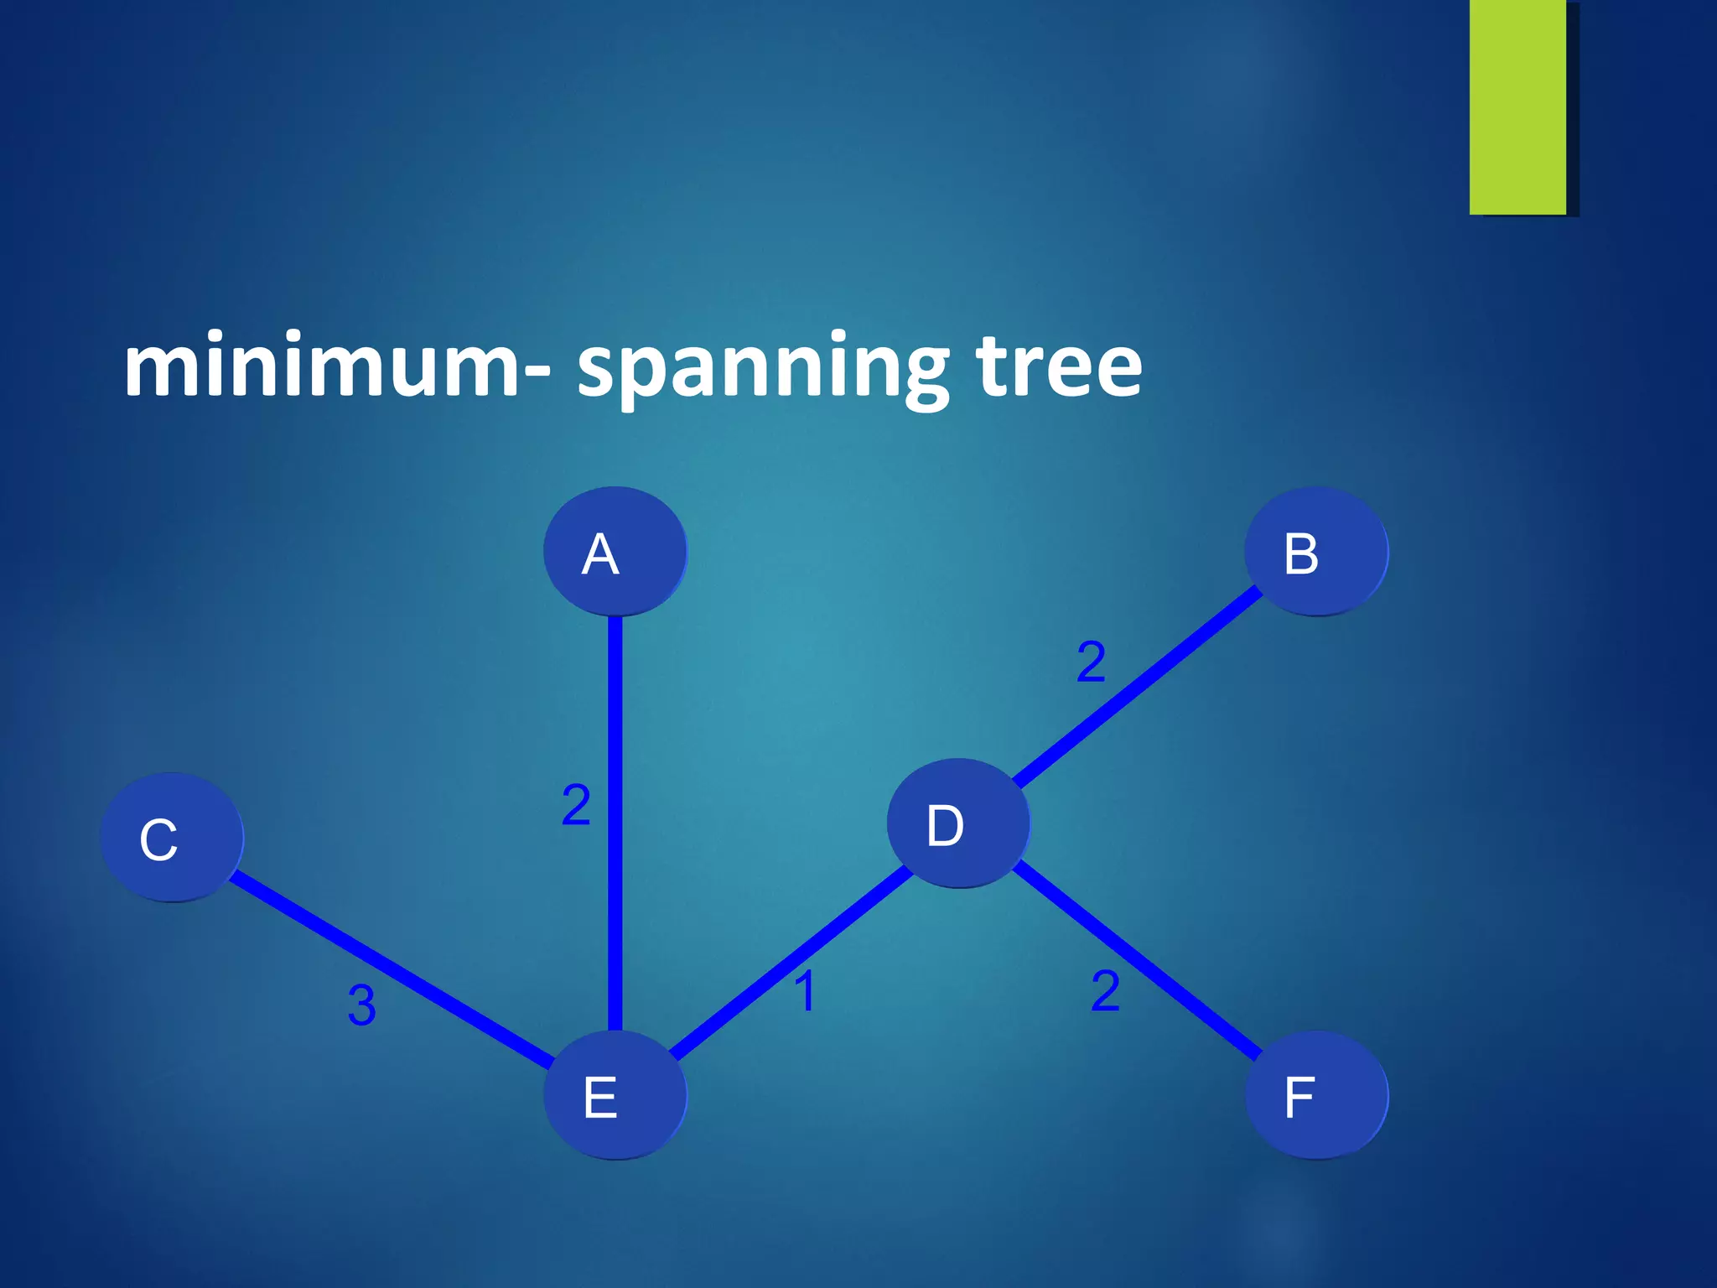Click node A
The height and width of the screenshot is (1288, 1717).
tap(615, 551)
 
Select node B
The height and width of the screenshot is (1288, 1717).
tap(1315, 551)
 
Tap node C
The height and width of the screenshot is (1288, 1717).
tap(172, 837)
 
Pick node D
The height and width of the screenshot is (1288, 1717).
tap(958, 823)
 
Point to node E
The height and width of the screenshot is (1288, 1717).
tap(615, 1094)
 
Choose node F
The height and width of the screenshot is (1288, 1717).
tap(1315, 1094)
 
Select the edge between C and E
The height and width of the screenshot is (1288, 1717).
tap(390, 967)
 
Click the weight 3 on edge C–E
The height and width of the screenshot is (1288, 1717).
tap(361, 1005)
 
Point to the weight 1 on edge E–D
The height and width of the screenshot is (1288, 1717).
tap(805, 991)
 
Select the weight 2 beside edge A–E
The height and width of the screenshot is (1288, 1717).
tap(576, 805)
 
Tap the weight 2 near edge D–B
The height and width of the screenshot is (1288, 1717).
tap(1091, 662)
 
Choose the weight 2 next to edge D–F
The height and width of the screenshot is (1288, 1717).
tap(1105, 990)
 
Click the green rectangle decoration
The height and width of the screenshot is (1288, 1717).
tap(1517, 106)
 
